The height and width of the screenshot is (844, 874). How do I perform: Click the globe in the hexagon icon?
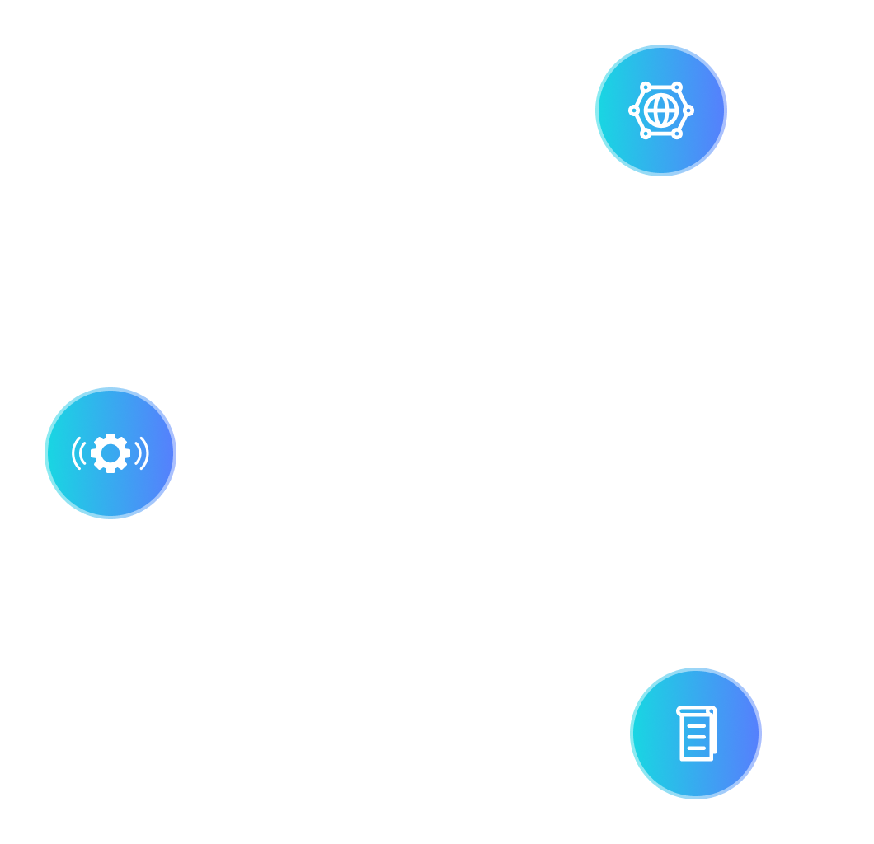660,110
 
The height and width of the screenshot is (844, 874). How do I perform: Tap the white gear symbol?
110,453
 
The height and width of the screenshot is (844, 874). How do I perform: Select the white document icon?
696,733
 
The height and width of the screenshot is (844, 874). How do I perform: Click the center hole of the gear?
110,453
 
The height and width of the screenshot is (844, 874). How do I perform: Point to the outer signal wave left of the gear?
74,453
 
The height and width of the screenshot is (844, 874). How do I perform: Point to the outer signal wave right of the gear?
146,453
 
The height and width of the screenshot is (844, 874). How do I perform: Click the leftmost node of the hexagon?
633,110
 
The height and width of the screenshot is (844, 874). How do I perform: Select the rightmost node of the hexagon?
688,110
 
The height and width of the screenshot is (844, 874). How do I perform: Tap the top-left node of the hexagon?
646,87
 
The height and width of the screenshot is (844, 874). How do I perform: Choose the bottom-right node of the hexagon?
676,133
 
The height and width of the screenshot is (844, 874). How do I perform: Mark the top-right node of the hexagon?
676,87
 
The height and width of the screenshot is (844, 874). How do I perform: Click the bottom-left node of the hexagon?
646,133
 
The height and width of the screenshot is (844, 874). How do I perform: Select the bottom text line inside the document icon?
696,748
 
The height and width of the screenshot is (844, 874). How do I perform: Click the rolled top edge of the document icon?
695,710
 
